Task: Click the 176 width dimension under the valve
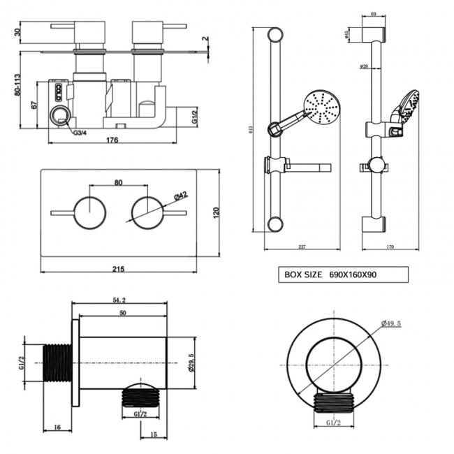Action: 112,140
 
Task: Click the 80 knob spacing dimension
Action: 118,183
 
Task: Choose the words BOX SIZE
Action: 303,275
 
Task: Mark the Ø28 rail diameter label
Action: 365,66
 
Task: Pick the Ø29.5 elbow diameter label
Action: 191,364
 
